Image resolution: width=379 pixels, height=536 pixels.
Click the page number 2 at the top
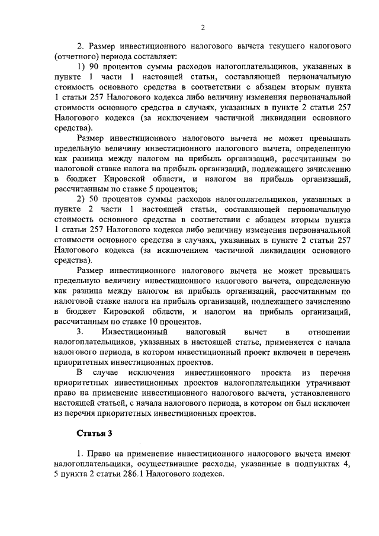[x=203, y=27]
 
